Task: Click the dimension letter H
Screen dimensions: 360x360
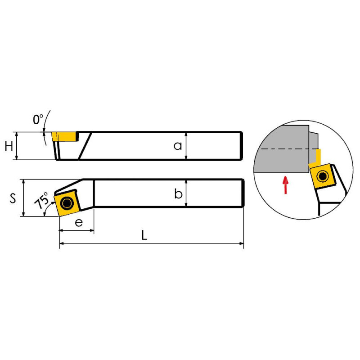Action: click(x=9, y=146)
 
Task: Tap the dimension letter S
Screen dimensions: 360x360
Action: click(x=13, y=198)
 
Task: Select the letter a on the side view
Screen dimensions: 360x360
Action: click(x=178, y=146)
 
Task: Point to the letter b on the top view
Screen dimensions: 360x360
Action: click(x=178, y=193)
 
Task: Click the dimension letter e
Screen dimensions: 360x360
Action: click(x=79, y=222)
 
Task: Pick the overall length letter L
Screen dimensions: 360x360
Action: click(x=144, y=235)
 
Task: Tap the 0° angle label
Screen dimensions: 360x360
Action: click(x=38, y=119)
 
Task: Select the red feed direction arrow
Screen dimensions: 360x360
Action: click(x=285, y=185)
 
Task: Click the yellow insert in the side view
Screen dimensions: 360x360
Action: click(x=64, y=137)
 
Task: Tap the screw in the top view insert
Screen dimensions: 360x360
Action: click(x=67, y=203)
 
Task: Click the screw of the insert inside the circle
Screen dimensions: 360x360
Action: click(x=322, y=176)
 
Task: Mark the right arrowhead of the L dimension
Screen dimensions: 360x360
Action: click(x=241, y=243)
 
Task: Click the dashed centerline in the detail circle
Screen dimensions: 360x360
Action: click(x=289, y=149)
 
